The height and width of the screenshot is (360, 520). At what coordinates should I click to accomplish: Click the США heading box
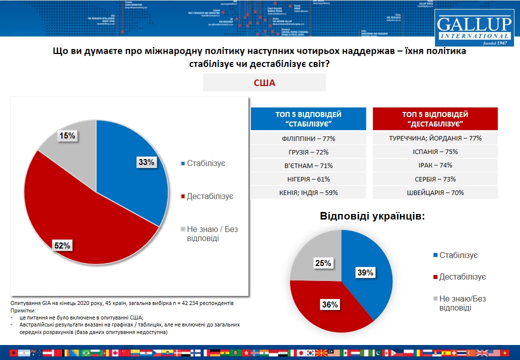click(264, 82)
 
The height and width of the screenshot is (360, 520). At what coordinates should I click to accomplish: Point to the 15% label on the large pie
click(67, 136)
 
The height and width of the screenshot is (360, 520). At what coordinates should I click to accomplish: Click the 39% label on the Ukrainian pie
click(365, 272)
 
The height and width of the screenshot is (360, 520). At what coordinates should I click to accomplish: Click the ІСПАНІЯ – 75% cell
click(435, 152)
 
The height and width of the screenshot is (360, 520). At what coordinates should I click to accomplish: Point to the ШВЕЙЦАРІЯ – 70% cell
click(435, 192)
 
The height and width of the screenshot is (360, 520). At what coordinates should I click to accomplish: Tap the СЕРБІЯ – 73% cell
click(435, 179)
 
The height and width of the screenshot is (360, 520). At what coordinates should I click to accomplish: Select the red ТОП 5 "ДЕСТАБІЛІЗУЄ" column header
click(435, 119)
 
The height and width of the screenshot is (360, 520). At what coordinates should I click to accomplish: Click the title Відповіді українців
click(372, 216)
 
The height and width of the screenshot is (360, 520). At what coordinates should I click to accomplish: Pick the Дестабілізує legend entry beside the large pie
click(206, 196)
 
